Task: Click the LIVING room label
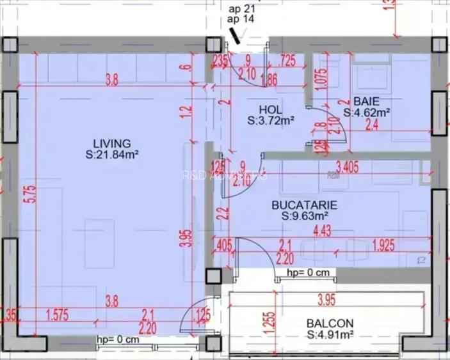tap(111, 143)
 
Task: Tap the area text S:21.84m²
tap(112, 154)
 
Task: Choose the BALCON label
tap(328, 323)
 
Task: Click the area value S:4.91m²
tap(330, 334)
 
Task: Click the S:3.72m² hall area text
tap(271, 120)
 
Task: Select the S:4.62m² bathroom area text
tap(367, 113)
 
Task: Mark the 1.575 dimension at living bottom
tap(62, 313)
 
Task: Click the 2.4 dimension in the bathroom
tap(372, 126)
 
